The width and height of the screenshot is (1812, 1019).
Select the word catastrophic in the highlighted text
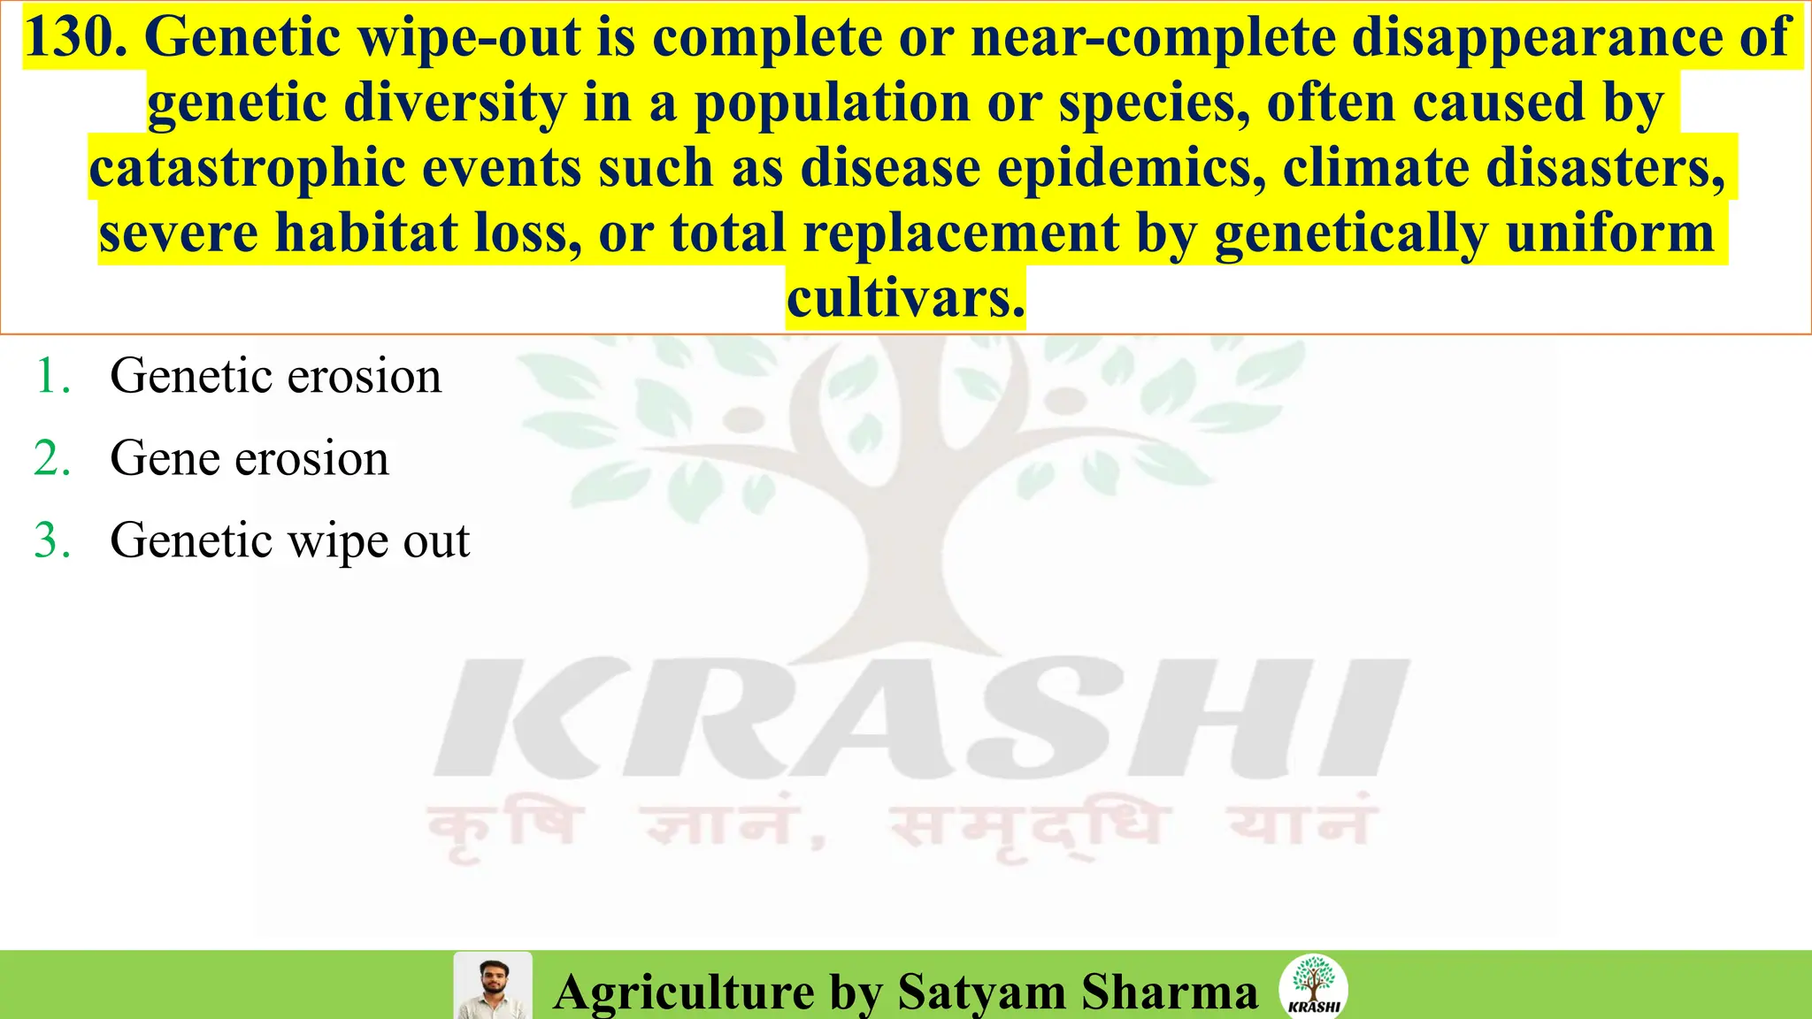pyautogui.click(x=247, y=168)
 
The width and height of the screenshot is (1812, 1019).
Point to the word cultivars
pyautogui.click(x=905, y=299)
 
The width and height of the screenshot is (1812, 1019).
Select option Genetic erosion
pyautogui.click(x=275, y=376)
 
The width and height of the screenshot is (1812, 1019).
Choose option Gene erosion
pyautogui.click(x=249, y=458)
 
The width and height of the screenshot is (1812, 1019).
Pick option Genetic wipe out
pyautogui.click(x=289, y=540)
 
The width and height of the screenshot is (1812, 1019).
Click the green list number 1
pyautogui.click(x=52, y=376)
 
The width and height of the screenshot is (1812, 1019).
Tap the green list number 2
pyautogui.click(x=52, y=458)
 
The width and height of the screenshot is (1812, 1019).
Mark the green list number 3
pyautogui.click(x=52, y=540)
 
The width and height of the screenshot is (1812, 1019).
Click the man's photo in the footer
pyautogui.click(x=493, y=985)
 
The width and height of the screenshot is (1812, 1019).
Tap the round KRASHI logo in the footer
pyautogui.click(x=1314, y=985)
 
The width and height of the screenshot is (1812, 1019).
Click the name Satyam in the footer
pyautogui.click(x=981, y=991)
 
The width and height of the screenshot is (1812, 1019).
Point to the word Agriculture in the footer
pyautogui.click(x=683, y=991)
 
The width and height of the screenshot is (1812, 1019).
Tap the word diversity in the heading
pyautogui.click(x=455, y=103)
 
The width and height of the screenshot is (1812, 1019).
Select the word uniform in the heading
pyautogui.click(x=1609, y=234)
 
